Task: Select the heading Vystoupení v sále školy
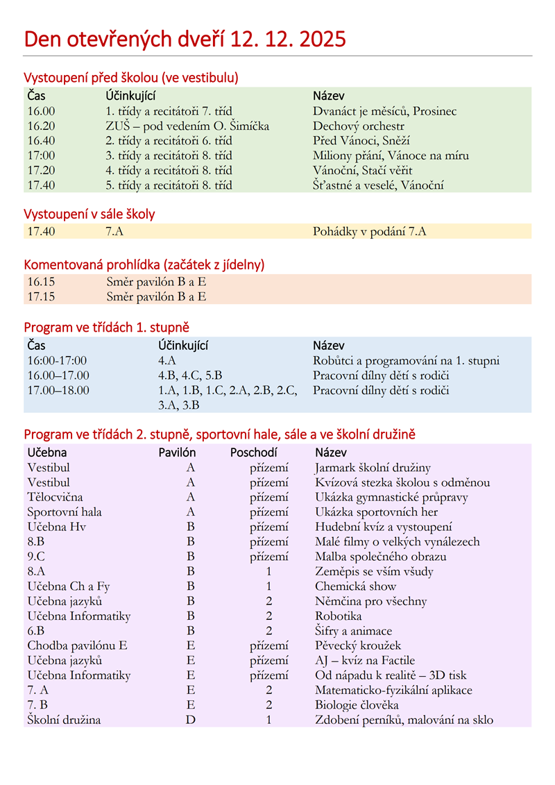pos(89,214)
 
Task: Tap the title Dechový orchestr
pos(358,126)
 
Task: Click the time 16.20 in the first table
pos(41,126)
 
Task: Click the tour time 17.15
pos(41,297)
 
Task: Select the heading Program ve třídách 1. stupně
pos(106,327)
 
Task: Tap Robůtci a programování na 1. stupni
pos(406,361)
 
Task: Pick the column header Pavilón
pos(178,453)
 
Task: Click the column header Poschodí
pos(254,453)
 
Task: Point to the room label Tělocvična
pos(55,497)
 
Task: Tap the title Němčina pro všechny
pos(370,602)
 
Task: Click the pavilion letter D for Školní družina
pos(191,720)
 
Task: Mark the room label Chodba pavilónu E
pos(78,646)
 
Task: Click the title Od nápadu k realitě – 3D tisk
pos(391,675)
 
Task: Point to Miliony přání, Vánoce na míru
pos(391,155)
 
